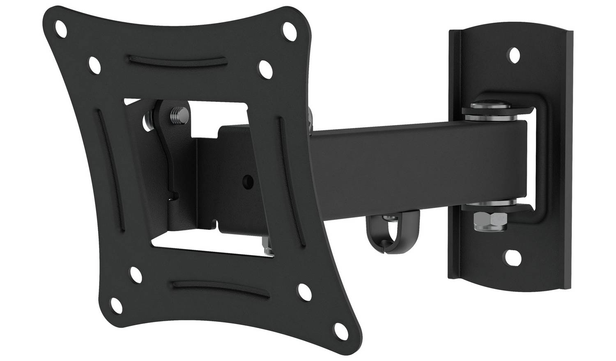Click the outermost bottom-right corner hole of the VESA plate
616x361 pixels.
point(340,328)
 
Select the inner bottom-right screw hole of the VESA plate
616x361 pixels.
point(304,290)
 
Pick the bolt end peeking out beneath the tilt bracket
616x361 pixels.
point(268,249)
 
